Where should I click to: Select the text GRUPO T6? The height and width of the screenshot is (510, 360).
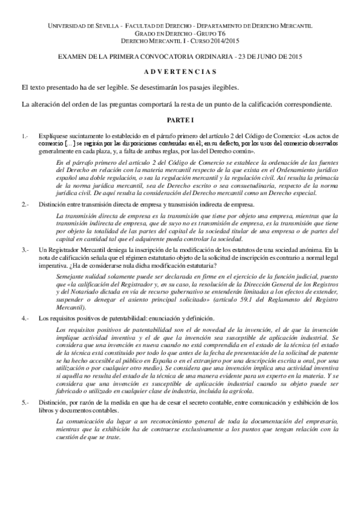201,35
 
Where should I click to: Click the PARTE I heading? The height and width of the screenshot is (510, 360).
180,120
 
